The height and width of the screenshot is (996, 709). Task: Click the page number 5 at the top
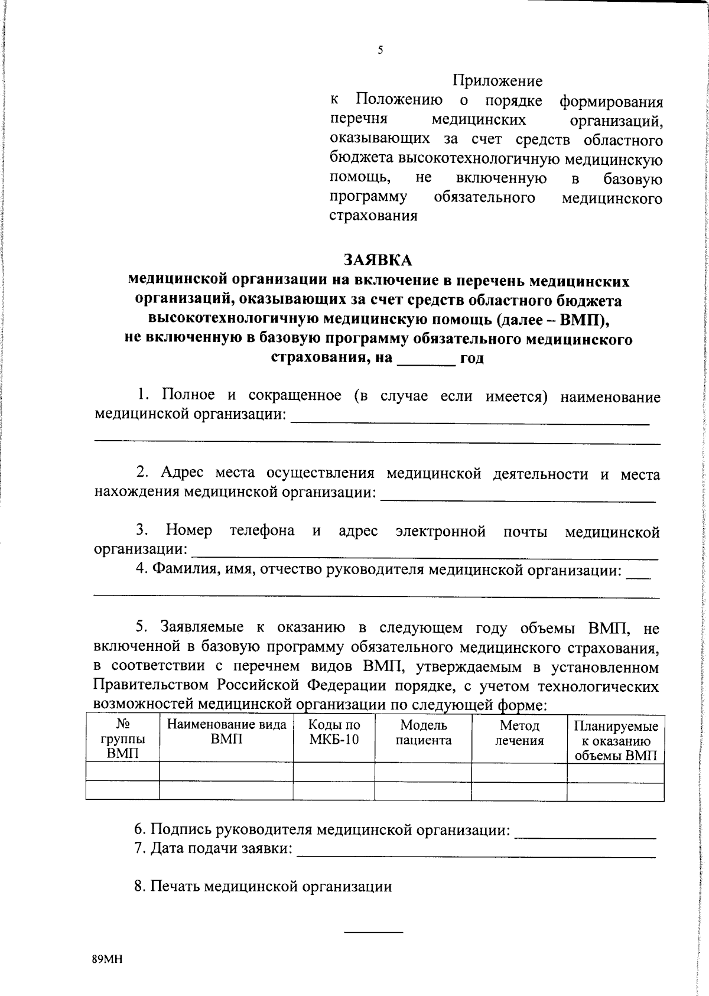[x=380, y=51]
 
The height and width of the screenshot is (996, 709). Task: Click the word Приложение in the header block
[x=497, y=80]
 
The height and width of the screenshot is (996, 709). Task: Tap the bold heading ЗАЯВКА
[x=378, y=260]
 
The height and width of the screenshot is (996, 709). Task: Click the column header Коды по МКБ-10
[x=334, y=733]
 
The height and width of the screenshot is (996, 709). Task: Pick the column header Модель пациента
[x=423, y=733]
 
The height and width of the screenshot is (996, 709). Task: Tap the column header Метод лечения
[x=519, y=733]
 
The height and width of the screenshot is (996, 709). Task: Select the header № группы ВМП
[x=122, y=738]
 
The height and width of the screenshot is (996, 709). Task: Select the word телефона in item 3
[x=262, y=530]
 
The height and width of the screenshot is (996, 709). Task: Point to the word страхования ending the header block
[x=373, y=216]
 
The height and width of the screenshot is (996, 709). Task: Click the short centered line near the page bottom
[x=373, y=932]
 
